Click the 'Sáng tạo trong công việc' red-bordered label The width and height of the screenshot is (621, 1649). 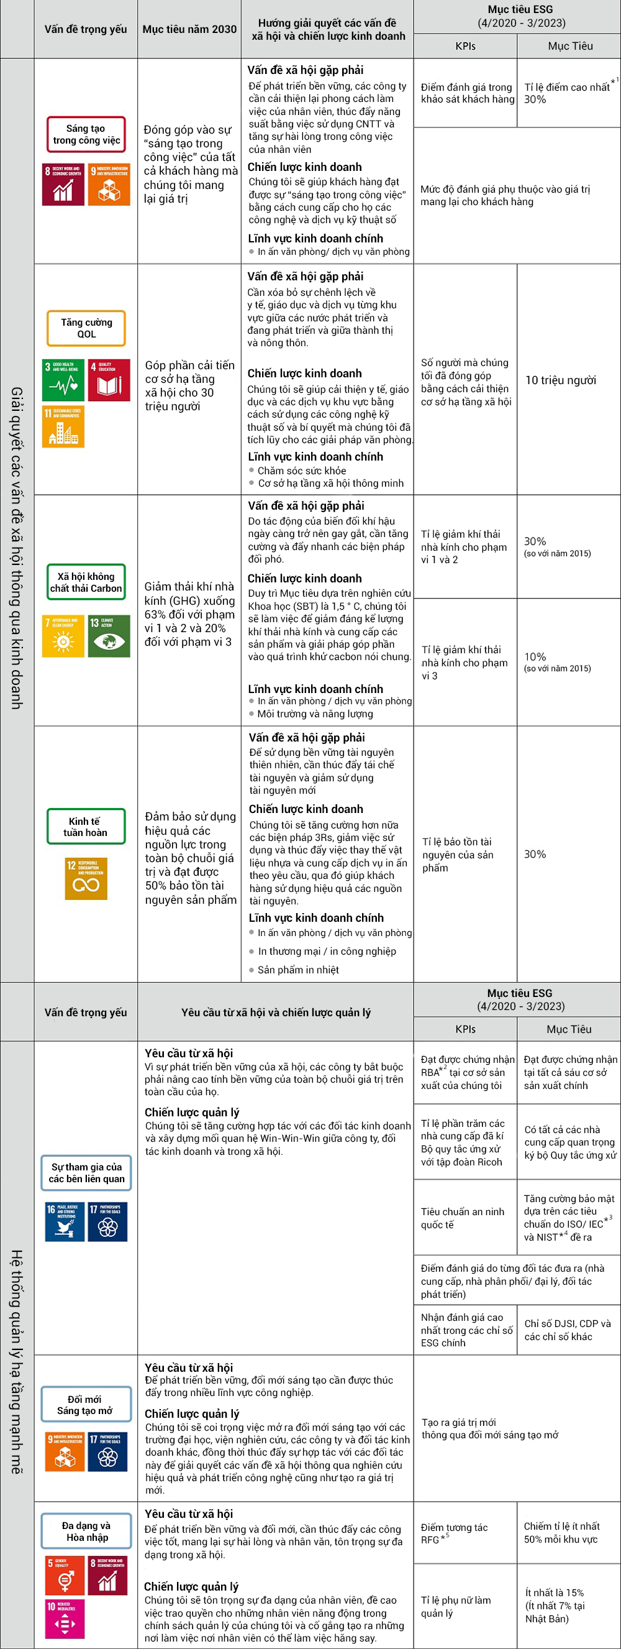tap(86, 134)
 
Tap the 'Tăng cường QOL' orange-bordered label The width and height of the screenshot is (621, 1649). tap(86, 328)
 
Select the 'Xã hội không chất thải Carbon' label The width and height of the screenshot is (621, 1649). tap(86, 582)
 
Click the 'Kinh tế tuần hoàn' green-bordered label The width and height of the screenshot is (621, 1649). tap(86, 827)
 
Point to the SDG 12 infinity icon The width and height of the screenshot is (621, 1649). tap(86, 879)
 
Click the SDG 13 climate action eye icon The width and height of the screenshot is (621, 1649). tap(109, 636)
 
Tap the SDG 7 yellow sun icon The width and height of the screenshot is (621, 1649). tap(63, 636)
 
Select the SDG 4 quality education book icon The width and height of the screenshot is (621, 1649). tap(109, 380)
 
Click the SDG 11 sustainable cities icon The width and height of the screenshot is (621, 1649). tap(63, 426)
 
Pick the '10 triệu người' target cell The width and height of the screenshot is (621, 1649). tap(560, 380)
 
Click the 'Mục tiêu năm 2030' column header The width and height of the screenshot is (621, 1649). tap(189, 29)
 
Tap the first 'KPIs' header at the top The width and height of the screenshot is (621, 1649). tap(465, 46)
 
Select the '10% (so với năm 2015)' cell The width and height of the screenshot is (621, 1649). tap(556, 662)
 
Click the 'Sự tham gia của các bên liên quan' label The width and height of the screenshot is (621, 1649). tap(86, 1173)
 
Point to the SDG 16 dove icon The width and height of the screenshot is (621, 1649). tap(65, 1221)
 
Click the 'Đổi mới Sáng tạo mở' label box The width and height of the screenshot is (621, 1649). tap(86, 1405)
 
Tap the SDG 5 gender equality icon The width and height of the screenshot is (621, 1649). tap(64, 1576)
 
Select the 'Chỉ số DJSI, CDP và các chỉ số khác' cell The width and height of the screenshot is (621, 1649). tap(566, 1330)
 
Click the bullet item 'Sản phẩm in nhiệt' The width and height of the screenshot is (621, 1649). tap(298, 970)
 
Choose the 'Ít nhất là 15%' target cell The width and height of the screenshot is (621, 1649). tap(555, 1605)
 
